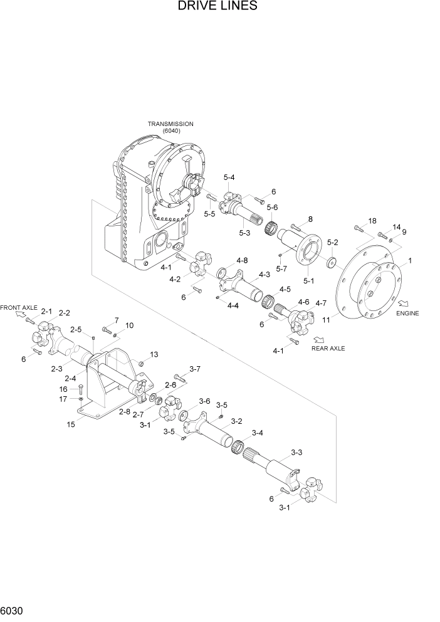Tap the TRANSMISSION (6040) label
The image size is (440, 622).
click(170, 128)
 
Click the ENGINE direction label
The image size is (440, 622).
click(407, 313)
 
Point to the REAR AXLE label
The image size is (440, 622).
click(328, 348)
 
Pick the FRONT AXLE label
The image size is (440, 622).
click(19, 308)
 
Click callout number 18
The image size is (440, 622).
click(372, 221)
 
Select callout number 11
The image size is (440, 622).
click(327, 319)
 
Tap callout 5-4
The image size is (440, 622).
click(229, 178)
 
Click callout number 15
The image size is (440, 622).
click(71, 424)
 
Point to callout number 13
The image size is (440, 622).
click(154, 354)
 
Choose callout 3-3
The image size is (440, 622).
click(296, 452)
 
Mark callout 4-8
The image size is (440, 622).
click(241, 260)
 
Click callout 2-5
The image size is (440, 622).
click(76, 329)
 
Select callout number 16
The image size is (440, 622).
click(72, 389)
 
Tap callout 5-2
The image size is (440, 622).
click(333, 242)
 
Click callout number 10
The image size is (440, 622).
click(129, 325)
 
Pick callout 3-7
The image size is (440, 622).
click(194, 369)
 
